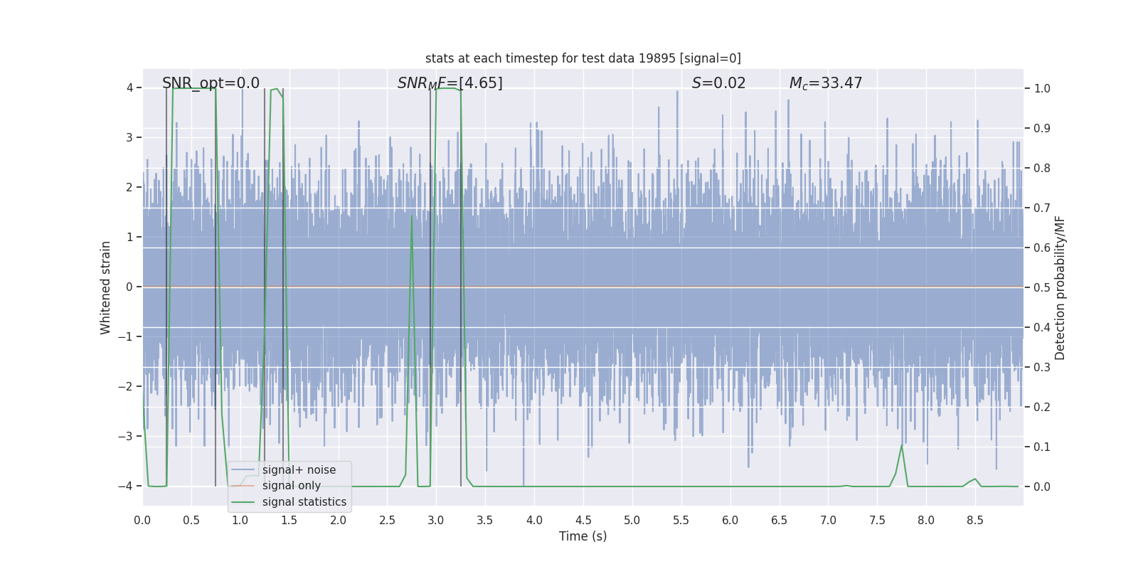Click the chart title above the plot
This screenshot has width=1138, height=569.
pyautogui.click(x=583, y=58)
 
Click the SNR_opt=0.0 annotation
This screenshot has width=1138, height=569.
pyautogui.click(x=211, y=83)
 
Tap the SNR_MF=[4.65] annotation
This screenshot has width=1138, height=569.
pyautogui.click(x=450, y=83)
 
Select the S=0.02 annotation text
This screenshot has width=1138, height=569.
pyautogui.click(x=718, y=83)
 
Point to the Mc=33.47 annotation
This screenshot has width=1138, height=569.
pyautogui.click(x=825, y=83)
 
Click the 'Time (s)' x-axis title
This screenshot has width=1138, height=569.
pyautogui.click(x=583, y=536)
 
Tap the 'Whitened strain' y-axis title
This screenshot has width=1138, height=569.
pyautogui.click(x=106, y=287)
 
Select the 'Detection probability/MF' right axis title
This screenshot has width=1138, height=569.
pyautogui.click(x=1060, y=287)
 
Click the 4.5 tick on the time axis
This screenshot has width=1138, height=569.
pyautogui.click(x=583, y=521)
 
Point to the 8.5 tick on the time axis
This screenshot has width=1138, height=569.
pyautogui.click(x=975, y=521)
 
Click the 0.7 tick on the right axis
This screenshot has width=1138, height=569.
pyautogui.click(x=1042, y=208)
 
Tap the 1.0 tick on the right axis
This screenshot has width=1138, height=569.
pyautogui.click(x=1042, y=88)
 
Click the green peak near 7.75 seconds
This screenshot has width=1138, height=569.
pyautogui.click(x=902, y=445)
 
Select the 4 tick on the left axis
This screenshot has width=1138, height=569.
pyautogui.click(x=129, y=87)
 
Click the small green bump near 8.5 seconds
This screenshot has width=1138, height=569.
pyautogui.click(x=975, y=479)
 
